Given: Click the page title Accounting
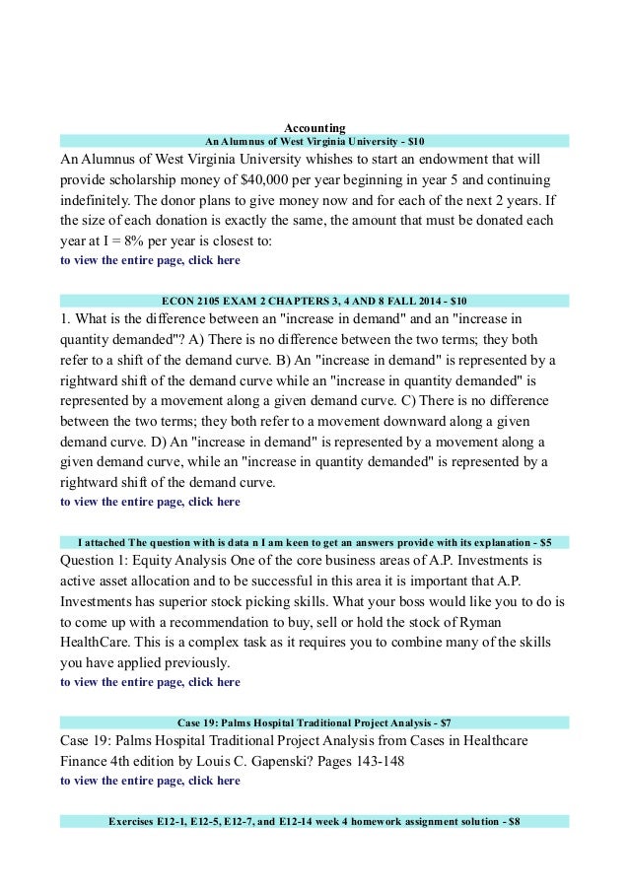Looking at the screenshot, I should pyautogui.click(x=314, y=127).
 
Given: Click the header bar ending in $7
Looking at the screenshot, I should pyautogui.click(x=314, y=723).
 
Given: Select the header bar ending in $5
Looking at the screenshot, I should pyautogui.click(x=314, y=542).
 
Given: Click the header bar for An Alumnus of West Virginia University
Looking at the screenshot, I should pyautogui.click(x=314, y=141).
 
